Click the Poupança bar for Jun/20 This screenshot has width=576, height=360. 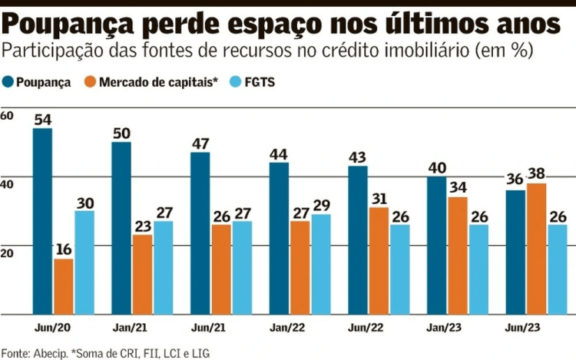[x=42, y=221]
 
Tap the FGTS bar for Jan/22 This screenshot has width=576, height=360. [x=320, y=264]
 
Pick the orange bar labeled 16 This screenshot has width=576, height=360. [x=64, y=286]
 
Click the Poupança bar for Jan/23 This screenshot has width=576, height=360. [x=436, y=245]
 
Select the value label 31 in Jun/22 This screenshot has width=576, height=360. [x=380, y=199]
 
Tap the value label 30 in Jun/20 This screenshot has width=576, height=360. [x=84, y=202]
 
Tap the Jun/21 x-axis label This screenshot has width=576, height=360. [x=207, y=329]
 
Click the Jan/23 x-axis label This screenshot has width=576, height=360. [x=443, y=329]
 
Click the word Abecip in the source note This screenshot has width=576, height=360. [x=49, y=352]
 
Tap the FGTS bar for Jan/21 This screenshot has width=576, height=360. [x=163, y=268]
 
